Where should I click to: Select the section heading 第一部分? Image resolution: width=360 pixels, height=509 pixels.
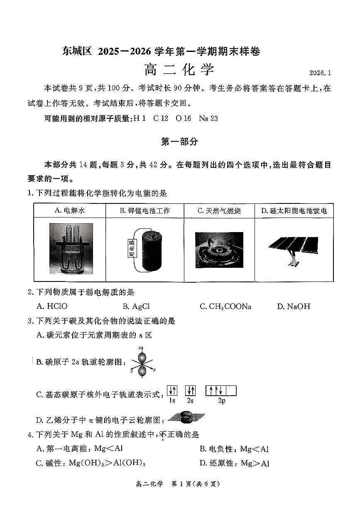[179, 142]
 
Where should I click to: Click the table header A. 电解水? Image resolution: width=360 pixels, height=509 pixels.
[69, 210]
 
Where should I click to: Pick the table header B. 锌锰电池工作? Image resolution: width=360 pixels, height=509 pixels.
[144, 210]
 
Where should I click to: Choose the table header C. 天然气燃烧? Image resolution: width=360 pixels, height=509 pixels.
[219, 210]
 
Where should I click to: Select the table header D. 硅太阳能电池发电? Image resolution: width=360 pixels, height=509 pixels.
[294, 210]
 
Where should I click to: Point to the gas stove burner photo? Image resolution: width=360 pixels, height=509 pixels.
[219, 249]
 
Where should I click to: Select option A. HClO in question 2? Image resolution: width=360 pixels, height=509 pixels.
[52, 306]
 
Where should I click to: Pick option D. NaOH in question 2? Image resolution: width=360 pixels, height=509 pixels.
[293, 306]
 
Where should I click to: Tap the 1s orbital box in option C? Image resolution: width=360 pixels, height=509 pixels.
[172, 391]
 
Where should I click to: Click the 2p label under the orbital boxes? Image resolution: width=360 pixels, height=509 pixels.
[221, 401]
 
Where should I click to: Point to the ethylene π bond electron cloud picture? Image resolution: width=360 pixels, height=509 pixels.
[185, 418]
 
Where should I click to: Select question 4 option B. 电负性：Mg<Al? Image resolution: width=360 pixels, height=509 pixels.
[234, 449]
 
